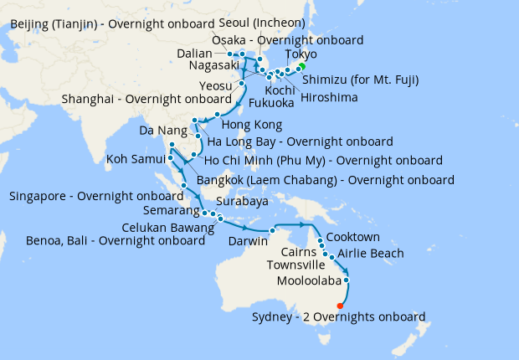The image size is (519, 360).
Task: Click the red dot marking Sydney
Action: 339,305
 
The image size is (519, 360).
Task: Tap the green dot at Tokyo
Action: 301,67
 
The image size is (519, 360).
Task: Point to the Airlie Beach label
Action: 371,253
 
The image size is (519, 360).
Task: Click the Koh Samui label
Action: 136,160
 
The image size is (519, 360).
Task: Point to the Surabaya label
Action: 242,202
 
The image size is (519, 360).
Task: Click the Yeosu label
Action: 218,85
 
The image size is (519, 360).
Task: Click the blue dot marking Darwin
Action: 273,230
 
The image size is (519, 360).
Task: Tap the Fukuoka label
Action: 271,104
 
